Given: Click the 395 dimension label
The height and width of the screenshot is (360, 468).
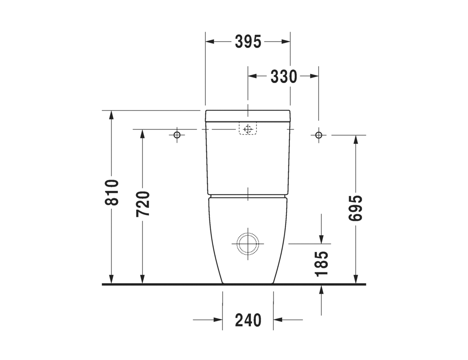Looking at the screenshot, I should (x=248, y=42).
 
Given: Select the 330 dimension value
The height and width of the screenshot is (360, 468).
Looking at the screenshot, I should (x=284, y=76).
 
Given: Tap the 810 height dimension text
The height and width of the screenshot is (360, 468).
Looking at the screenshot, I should (x=112, y=192).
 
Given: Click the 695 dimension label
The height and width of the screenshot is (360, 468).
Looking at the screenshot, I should (x=356, y=208).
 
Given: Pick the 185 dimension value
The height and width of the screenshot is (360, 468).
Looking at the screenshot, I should (x=321, y=264).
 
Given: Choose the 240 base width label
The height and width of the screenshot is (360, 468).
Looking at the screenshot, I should (x=248, y=320).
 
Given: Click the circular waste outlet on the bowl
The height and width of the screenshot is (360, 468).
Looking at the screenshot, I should (x=248, y=243).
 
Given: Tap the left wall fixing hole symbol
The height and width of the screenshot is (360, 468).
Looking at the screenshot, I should (x=177, y=135).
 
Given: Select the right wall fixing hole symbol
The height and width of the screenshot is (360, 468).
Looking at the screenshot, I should (x=318, y=135).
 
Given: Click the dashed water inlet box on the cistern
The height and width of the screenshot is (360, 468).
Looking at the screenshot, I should (x=248, y=129).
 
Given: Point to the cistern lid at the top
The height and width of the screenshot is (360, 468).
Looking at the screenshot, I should (x=248, y=115).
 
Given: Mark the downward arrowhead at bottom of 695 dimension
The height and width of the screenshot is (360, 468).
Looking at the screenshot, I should (x=356, y=279).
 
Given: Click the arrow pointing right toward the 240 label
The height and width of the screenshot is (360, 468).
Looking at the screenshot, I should (x=217, y=320).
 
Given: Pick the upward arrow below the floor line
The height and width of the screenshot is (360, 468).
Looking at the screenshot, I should (x=321, y=289).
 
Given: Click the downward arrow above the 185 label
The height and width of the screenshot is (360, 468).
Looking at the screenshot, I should (x=321, y=238).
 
